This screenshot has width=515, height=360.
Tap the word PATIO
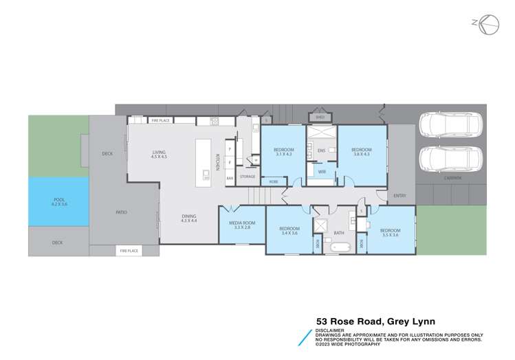coord(120,212)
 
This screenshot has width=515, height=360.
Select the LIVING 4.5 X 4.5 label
coord(160,155)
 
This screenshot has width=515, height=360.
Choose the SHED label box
coord(320,117)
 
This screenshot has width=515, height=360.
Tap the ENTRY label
coord(399,196)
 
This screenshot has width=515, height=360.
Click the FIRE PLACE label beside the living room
coord(160,121)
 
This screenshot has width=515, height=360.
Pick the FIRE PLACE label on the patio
coord(129,251)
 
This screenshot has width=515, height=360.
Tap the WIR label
coord(322,172)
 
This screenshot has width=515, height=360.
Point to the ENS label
coord(320,150)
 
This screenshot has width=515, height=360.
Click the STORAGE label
coord(248,177)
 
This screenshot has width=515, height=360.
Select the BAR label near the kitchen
coord(230,178)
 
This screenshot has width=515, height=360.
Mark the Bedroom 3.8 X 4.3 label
coord(361,152)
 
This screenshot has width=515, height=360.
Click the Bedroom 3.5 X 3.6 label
coord(390,232)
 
